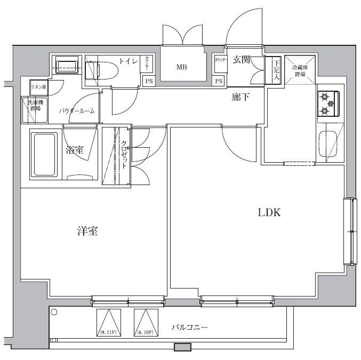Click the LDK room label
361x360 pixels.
[269, 213]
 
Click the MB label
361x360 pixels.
[182, 67]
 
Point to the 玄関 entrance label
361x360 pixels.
[242, 59]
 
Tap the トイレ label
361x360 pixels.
[128, 61]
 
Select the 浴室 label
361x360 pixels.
[75, 150]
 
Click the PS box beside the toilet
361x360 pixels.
[148, 81]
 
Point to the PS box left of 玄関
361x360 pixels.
[219, 81]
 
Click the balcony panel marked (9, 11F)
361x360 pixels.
[108, 323]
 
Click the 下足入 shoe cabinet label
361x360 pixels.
[276, 69]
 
